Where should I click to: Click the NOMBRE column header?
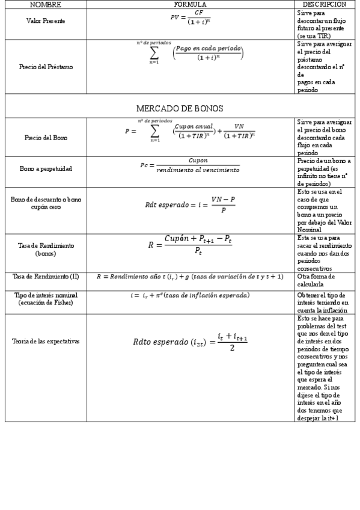pos(46,4)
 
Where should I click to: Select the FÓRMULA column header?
pos(190,4)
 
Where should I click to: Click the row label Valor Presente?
pos(46,20)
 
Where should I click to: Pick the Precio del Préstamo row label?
pos(46,67)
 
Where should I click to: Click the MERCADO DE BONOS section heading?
pos(180,108)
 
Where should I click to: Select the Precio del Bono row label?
pos(46,138)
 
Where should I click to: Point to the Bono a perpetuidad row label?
pos(46,169)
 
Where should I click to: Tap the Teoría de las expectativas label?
pos(46,341)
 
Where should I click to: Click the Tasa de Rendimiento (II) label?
pos(46,276)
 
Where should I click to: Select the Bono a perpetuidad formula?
pos(190,165)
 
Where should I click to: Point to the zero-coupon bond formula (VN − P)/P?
pos(190,204)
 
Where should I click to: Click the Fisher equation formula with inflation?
pos(190,295)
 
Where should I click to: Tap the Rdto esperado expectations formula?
pos(190,342)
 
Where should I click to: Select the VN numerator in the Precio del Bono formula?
pos(239,126)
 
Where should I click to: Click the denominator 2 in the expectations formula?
pos(232,348)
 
